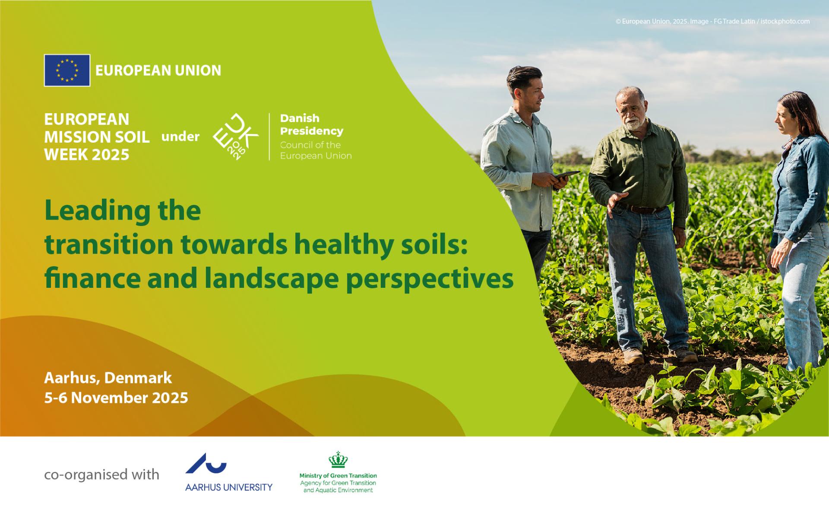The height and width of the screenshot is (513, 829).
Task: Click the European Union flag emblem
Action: pos(67,70)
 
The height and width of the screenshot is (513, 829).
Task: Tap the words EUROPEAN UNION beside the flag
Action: pos(158,70)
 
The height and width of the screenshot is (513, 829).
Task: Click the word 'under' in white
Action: pos(180,137)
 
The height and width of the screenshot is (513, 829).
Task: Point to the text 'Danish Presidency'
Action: pos(312,124)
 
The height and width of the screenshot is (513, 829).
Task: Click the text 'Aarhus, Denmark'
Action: pos(108,378)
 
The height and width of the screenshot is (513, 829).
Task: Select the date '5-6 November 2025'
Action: pos(116,398)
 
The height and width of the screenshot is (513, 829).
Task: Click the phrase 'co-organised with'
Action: pos(102,475)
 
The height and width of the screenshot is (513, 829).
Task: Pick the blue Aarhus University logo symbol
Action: pos(206,463)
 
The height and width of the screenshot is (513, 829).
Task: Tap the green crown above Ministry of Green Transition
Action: pos(338,459)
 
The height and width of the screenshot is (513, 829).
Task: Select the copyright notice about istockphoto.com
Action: pos(712,21)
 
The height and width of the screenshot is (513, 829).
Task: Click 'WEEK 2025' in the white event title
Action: pos(87,155)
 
